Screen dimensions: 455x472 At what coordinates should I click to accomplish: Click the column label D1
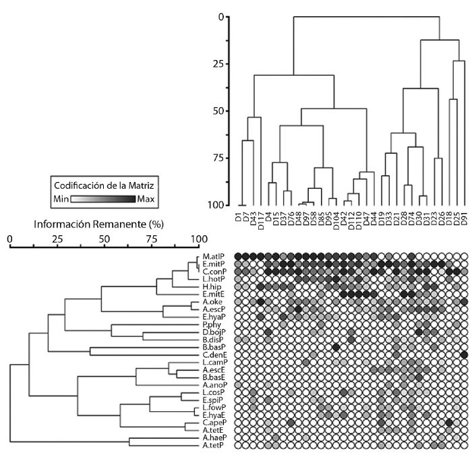[239, 218]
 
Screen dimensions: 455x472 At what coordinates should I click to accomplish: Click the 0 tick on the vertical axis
[220, 16]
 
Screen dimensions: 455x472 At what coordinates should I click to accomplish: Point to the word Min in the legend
[62, 200]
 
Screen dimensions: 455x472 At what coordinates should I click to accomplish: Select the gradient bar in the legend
[104, 200]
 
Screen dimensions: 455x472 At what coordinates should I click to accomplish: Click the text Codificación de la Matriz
[105, 184]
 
